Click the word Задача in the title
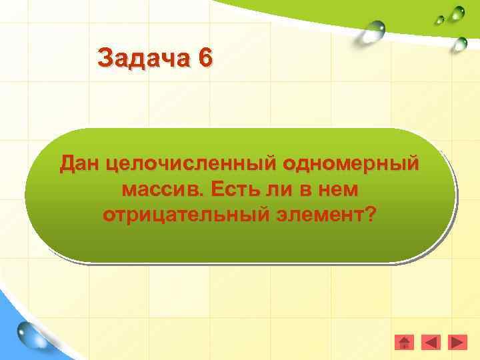coord(143,58)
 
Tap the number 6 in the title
coord(205,58)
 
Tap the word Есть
coord(230,189)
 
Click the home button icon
coord(404,343)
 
